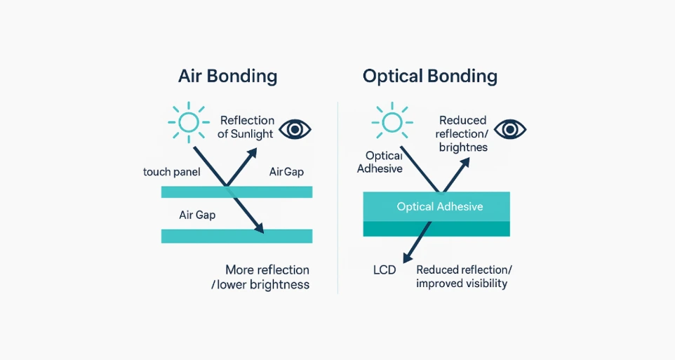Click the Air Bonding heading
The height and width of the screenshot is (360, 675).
pyautogui.click(x=227, y=76)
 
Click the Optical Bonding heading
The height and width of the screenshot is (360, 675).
pyautogui.click(x=429, y=76)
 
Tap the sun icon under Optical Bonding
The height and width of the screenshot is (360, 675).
pyautogui.click(x=391, y=121)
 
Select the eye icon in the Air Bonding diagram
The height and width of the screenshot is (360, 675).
pyautogui.click(x=295, y=129)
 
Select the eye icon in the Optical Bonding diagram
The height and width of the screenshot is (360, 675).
pyautogui.click(x=510, y=129)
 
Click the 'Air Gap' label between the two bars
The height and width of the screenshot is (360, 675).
pyautogui.click(x=197, y=215)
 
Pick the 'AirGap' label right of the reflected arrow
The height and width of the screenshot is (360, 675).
pyautogui.click(x=286, y=172)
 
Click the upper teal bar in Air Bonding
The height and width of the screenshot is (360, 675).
pyautogui.click(x=236, y=192)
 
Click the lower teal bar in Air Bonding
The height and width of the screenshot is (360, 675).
pyautogui.click(x=236, y=236)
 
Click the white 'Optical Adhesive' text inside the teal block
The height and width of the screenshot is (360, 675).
pyautogui.click(x=439, y=206)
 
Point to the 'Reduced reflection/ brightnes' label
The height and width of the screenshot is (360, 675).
pyautogui.click(x=462, y=134)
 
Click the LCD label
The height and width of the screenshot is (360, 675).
pyautogui.click(x=384, y=269)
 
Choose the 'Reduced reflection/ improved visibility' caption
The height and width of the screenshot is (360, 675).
pyautogui.click(x=464, y=276)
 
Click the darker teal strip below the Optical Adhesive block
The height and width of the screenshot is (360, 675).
pyautogui.click(x=436, y=229)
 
